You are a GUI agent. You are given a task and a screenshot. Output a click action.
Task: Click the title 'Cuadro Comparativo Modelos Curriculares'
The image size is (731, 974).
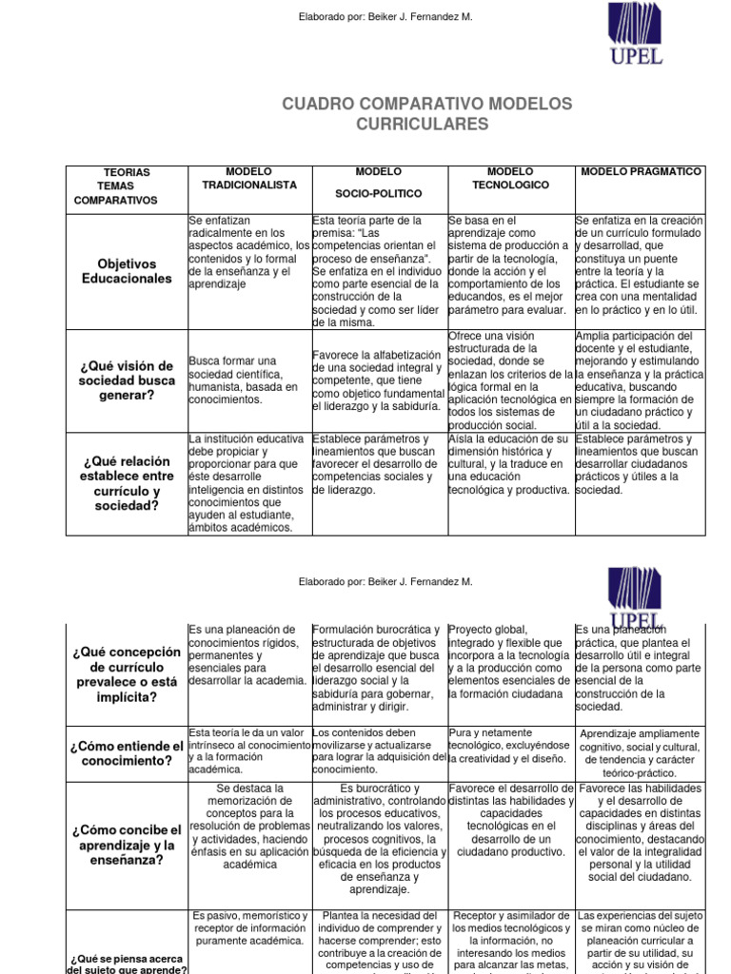click(x=426, y=113)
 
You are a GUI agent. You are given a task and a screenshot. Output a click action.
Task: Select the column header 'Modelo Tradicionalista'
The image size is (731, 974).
click(x=249, y=178)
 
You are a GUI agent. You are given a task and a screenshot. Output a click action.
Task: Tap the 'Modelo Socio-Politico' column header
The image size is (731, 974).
click(x=378, y=183)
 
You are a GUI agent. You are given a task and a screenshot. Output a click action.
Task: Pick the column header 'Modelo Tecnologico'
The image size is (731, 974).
click(x=510, y=178)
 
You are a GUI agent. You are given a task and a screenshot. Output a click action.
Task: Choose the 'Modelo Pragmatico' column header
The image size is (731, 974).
click(x=641, y=172)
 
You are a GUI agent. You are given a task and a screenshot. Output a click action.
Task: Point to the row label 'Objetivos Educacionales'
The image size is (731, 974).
click(x=127, y=270)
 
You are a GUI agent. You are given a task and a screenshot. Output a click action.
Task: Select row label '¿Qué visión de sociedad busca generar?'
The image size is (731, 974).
click(x=127, y=380)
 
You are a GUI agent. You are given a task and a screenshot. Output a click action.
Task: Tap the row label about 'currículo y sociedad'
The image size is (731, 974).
click(x=127, y=482)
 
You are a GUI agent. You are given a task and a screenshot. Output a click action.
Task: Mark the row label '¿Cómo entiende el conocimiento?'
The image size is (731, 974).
click(x=127, y=753)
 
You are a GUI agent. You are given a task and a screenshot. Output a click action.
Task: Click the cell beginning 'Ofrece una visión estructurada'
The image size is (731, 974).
click(x=510, y=380)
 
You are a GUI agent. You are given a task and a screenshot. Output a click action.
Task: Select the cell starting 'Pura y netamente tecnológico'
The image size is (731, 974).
click(x=510, y=746)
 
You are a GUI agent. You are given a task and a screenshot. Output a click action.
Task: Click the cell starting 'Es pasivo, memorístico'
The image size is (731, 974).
click(x=249, y=928)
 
